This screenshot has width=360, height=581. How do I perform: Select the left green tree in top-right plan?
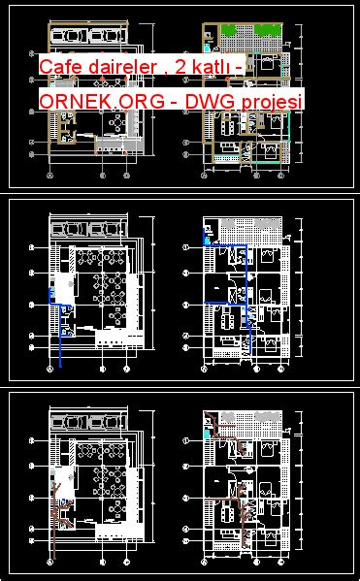pos(229,30)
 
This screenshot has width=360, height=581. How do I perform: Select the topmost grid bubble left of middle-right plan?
pos(186,249)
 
